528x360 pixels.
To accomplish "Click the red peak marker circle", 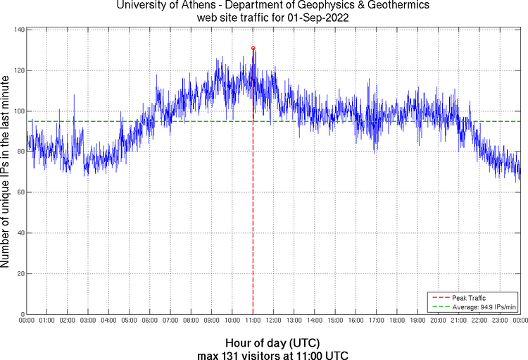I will tap(253, 48).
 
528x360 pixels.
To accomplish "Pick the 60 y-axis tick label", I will tap(20, 192).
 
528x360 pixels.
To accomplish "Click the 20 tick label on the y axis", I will tap(20, 273).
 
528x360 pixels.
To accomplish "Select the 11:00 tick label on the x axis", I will tap(253, 321).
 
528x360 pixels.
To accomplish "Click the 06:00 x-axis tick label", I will tap(150, 321).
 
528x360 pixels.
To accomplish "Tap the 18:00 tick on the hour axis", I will tap(397, 321).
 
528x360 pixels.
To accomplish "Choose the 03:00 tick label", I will tap(88, 321).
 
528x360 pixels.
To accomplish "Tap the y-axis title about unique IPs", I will tap(6, 172).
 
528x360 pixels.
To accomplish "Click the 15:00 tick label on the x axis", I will tap(335, 321).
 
